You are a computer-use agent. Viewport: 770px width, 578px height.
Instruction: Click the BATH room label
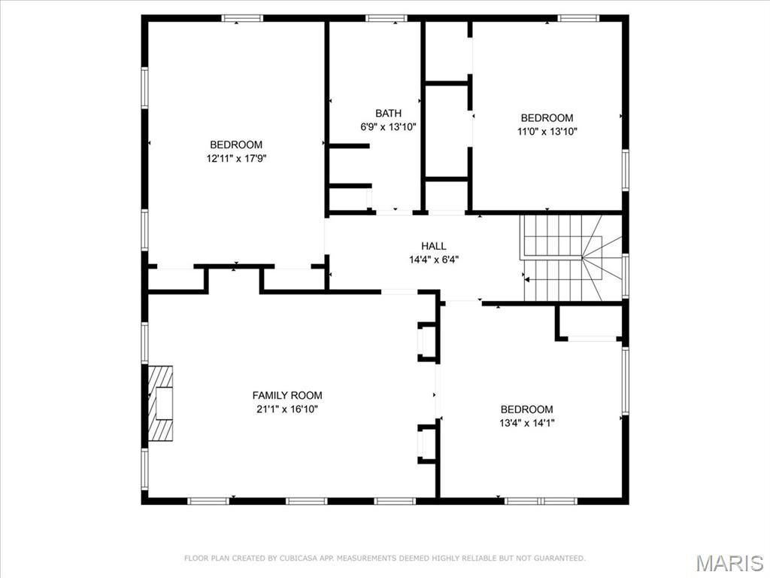(x=388, y=114)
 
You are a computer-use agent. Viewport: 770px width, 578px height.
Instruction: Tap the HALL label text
(x=433, y=246)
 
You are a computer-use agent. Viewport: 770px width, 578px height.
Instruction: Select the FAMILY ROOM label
(x=287, y=395)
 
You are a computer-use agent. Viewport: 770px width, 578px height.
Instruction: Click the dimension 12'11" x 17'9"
(x=237, y=158)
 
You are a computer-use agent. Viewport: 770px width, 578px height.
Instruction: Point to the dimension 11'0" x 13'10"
(x=547, y=131)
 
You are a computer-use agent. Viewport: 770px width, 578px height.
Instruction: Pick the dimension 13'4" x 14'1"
(x=527, y=423)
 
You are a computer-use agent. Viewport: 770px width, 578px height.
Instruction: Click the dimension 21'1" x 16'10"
(x=287, y=409)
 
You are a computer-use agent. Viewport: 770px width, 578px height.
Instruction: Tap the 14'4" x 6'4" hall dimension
(x=433, y=260)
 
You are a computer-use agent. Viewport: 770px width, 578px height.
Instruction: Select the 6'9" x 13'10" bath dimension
(x=388, y=127)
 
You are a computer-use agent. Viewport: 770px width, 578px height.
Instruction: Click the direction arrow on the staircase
(x=528, y=279)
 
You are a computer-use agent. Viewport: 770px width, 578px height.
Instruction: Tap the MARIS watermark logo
(x=729, y=563)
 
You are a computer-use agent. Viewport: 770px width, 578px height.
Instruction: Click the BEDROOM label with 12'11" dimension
(x=236, y=144)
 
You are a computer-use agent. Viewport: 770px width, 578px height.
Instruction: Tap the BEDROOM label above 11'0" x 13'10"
(x=547, y=117)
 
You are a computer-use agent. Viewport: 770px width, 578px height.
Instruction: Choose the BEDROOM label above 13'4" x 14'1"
(x=527, y=409)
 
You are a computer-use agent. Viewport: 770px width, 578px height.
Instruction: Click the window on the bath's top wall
(x=386, y=18)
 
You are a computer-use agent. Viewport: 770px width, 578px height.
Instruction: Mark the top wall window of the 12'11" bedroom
(x=236, y=18)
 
